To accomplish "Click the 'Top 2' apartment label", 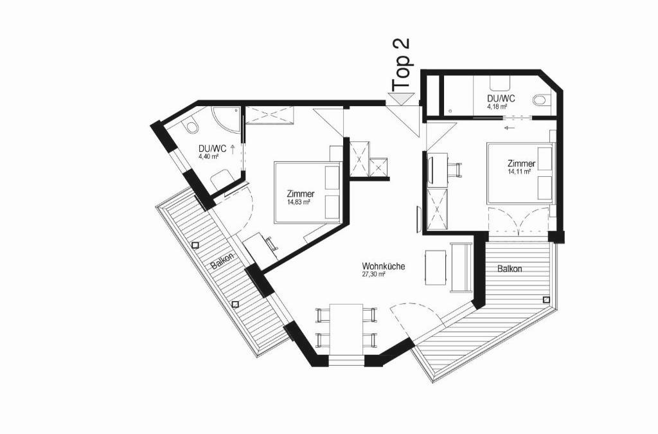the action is pos(402,64).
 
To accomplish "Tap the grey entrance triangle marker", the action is pos(398,98).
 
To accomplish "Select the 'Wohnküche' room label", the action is pos(383,266).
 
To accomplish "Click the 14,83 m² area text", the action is pos(298,202).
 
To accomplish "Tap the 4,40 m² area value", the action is pos(209,156).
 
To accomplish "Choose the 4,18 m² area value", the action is pos(497,106).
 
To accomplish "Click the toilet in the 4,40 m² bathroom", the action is pos(191,126).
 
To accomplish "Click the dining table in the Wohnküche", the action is pos(346,329).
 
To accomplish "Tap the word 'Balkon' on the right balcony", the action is pos(510,269).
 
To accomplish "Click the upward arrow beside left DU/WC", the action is pos(232,148).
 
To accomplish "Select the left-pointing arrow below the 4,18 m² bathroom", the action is pos(510,127).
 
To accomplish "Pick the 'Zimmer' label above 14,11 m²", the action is pos(521,163).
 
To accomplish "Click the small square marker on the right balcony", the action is pos(546,300).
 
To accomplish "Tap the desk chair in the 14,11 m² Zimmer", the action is pos(456,170).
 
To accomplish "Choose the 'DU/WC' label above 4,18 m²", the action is pos(501,98).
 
